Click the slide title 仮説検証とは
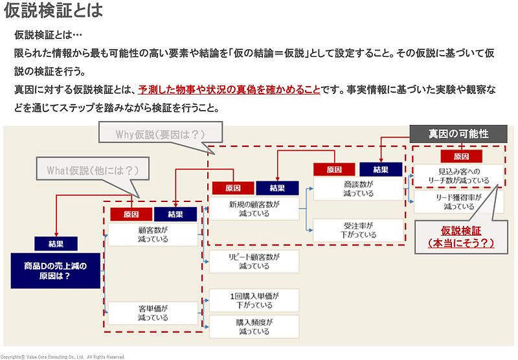pyautogui.click(x=53, y=12)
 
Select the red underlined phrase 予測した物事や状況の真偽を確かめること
pyautogui.click(x=229, y=89)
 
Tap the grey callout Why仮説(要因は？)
pyautogui.click(x=160, y=134)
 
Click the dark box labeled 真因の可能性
pyautogui.click(x=458, y=133)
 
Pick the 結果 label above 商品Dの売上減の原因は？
pyautogui.click(x=56, y=243)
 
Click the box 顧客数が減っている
pyautogui.click(x=153, y=234)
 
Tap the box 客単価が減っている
pyautogui.click(x=153, y=313)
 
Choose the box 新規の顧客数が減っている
pyautogui.click(x=254, y=208)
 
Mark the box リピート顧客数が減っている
pyautogui.click(x=254, y=261)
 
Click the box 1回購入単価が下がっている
pyautogui.click(x=254, y=300)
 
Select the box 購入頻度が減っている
pyautogui.click(x=254, y=326)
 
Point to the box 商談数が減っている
pyautogui.click(x=359, y=188)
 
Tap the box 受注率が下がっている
pyautogui.click(x=359, y=230)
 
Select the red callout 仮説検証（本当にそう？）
pyautogui.click(x=458, y=237)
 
